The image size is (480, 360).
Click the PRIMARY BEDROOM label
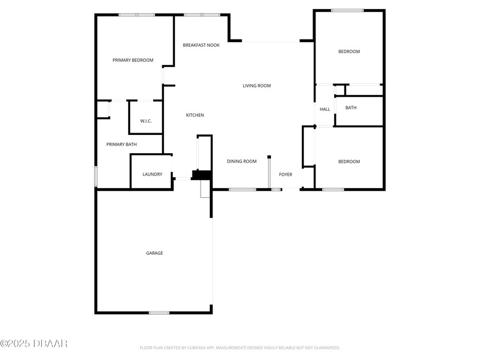coord(133,61)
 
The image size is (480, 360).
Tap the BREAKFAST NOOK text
coord(201,45)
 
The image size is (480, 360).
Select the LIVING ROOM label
coord(257,86)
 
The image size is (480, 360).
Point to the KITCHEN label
coord(195,115)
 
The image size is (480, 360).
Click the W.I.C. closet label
coord(146,121)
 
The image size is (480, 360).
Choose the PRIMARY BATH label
coord(122,145)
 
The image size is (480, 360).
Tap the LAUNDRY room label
coord(153,174)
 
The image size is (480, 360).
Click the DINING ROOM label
coord(242,161)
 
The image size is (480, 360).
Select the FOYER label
coord(286,174)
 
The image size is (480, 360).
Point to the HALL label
coord(325,109)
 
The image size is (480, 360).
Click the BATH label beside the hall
coord(351,108)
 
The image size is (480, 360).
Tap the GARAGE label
coord(155,253)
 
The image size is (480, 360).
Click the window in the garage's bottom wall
coord(159,313)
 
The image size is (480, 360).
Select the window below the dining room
coord(242,190)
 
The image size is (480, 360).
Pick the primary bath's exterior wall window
coord(96,177)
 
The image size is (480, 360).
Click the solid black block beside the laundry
coord(202,175)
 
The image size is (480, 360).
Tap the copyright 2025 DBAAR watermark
coord(34,344)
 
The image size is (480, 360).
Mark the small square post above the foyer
coord(269,157)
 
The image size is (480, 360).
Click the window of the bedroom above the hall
coord(347,11)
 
